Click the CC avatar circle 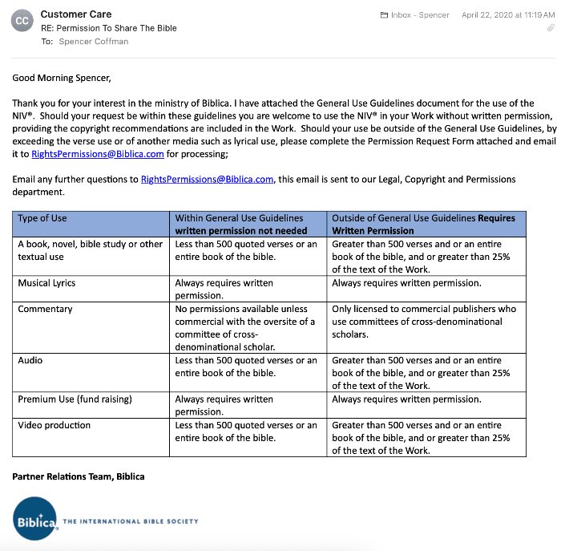[22, 21]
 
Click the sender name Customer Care [76, 14]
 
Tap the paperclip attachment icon [551, 27]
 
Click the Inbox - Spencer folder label [414, 14]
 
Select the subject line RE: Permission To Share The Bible [109, 28]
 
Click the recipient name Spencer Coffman [93, 42]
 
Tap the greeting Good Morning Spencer [62, 78]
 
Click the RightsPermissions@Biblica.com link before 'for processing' [98, 154]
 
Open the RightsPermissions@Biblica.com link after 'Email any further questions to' [207, 179]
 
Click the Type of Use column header [42, 218]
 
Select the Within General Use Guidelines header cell [240, 224]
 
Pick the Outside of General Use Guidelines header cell [424, 224]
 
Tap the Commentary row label [45, 309]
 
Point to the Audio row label [31, 360]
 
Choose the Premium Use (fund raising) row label [75, 399]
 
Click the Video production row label [54, 425]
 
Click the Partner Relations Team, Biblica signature [79, 476]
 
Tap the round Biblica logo [34, 520]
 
